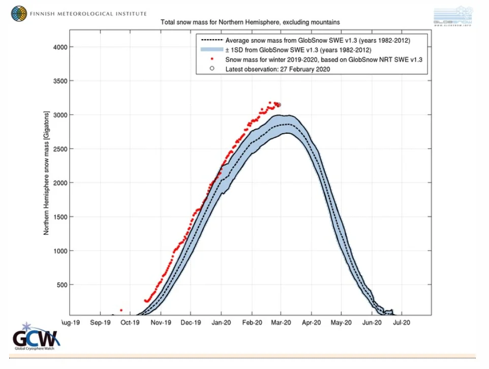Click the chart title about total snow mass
(250, 22)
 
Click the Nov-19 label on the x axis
(160, 322)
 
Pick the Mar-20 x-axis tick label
(281, 322)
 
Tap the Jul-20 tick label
(402, 322)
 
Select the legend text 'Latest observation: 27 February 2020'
(278, 69)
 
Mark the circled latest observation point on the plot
(279, 105)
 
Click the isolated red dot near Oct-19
(121, 310)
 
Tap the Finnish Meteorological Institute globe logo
(20, 13)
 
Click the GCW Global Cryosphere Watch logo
(33, 336)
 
